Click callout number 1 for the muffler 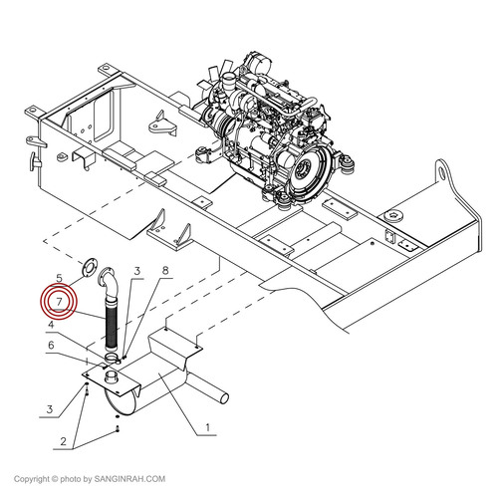pos(208,427)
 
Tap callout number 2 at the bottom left pos(63,441)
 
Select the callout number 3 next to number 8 pos(137,271)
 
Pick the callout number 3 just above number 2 pos(50,408)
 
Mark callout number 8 pos(165,271)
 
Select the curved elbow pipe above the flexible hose pos(109,282)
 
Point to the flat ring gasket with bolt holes pos(90,267)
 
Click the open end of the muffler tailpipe pos(225,397)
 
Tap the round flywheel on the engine pos(306,171)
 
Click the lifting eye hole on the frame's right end pos(442,171)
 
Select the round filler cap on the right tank pos(393,217)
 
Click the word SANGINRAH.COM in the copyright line pos(129,479)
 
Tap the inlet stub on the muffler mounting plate pos(111,378)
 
